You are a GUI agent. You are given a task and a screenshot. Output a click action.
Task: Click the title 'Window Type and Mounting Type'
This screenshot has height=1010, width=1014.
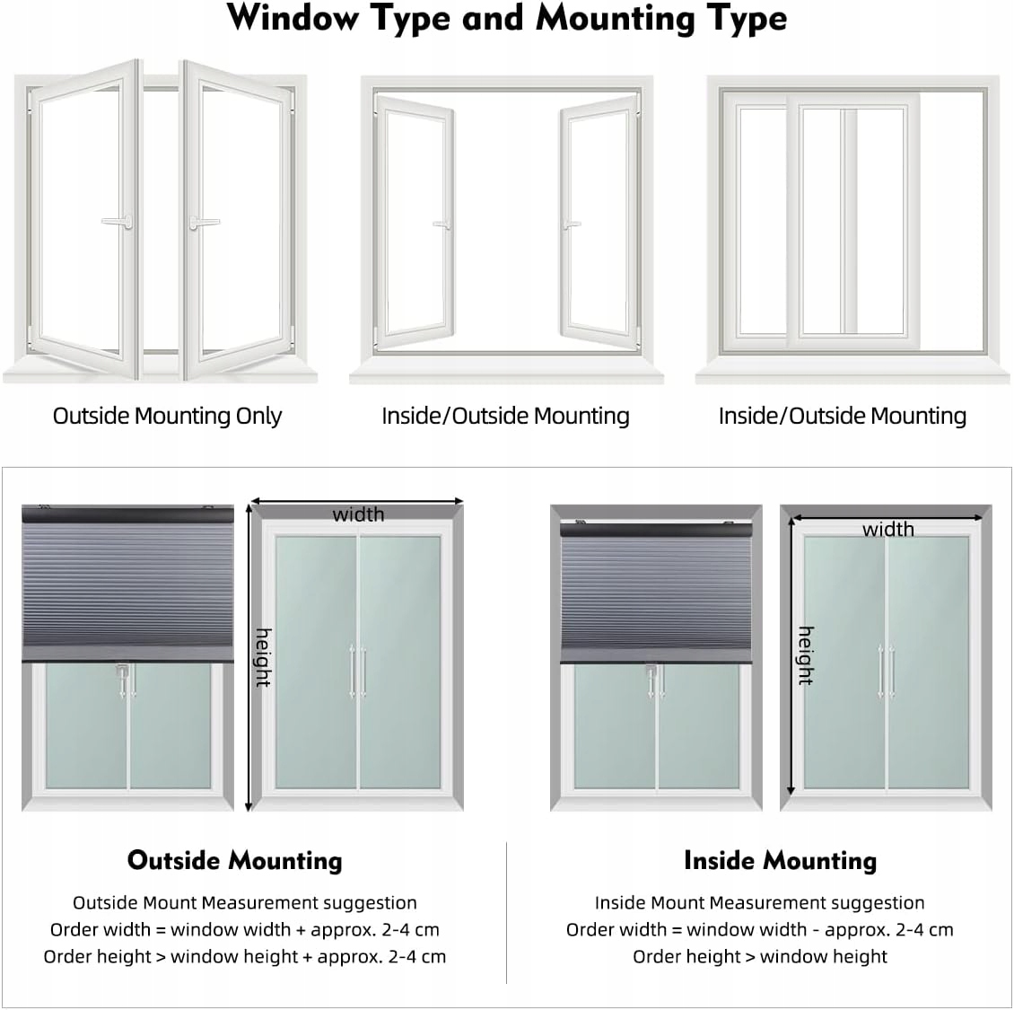click(x=507, y=19)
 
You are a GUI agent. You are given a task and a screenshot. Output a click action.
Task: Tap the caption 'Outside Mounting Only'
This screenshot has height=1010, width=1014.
click(x=167, y=416)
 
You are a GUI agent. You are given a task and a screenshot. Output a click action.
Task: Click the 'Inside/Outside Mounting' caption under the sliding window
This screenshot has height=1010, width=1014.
click(x=842, y=416)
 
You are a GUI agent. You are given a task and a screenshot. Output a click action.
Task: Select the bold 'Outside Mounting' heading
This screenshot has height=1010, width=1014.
click(x=235, y=860)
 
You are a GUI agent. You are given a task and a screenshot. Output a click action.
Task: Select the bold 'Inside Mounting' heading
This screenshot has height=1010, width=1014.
click(x=780, y=860)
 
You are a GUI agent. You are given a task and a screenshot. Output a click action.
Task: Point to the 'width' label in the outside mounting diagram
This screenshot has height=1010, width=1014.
click(x=358, y=514)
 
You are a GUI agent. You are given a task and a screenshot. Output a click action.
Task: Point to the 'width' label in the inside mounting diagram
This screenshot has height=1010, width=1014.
click(x=887, y=529)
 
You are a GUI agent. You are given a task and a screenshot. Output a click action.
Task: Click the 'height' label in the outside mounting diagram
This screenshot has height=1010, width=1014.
click(x=263, y=657)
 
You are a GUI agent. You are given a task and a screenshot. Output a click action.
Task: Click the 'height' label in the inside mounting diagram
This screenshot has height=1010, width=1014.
click(x=805, y=655)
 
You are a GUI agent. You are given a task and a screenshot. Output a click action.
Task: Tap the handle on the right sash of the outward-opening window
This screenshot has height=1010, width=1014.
click(x=204, y=222)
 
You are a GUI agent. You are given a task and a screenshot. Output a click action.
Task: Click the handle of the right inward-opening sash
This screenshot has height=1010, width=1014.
click(x=572, y=224)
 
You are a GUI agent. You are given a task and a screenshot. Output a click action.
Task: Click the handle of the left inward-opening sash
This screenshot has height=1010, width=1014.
click(x=441, y=224)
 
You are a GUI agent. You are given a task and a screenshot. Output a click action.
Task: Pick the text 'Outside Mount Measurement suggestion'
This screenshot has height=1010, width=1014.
click(x=244, y=902)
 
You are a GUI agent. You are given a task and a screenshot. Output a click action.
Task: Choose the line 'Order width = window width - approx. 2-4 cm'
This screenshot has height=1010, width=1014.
click(x=759, y=929)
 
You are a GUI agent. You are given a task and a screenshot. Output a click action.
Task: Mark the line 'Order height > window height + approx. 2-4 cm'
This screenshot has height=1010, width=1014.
click(x=244, y=956)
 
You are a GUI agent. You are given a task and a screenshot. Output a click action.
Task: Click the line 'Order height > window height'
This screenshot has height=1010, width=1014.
click(x=759, y=956)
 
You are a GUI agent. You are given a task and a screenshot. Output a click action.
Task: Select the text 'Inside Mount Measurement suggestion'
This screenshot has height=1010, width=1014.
click(x=759, y=902)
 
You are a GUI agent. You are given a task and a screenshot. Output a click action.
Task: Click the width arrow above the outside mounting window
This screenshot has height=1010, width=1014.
click(x=356, y=501)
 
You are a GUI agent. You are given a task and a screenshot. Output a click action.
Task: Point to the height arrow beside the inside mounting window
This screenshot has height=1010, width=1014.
click(x=791, y=655)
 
